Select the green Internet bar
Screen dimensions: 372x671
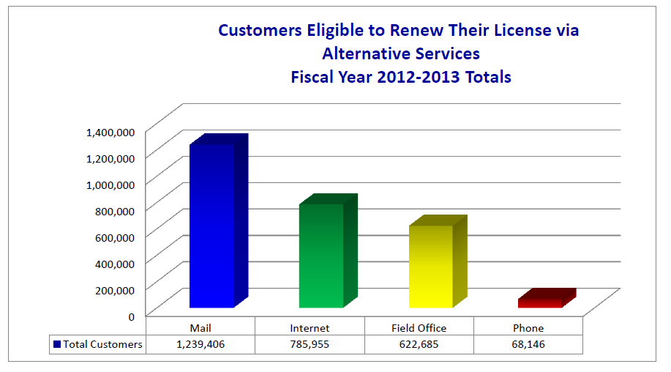coord(321,256)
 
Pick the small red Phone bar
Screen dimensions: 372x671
coord(540,302)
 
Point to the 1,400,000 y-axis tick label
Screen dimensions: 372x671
coord(110,132)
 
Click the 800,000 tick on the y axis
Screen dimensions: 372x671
coord(113,211)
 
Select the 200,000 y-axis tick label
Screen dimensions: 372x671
coord(113,290)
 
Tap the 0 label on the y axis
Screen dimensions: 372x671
coord(131,316)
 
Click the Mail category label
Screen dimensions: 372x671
coord(200,328)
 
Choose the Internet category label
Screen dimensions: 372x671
coord(310,328)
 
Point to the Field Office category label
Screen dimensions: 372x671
coord(419,328)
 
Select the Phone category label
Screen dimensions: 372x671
coord(528,328)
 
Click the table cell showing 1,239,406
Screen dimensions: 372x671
coord(200,344)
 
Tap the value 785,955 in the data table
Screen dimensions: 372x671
coord(310,344)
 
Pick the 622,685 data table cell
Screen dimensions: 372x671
coord(419,344)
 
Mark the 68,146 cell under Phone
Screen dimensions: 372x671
coord(528,344)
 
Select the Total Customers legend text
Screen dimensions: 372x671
coord(102,344)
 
